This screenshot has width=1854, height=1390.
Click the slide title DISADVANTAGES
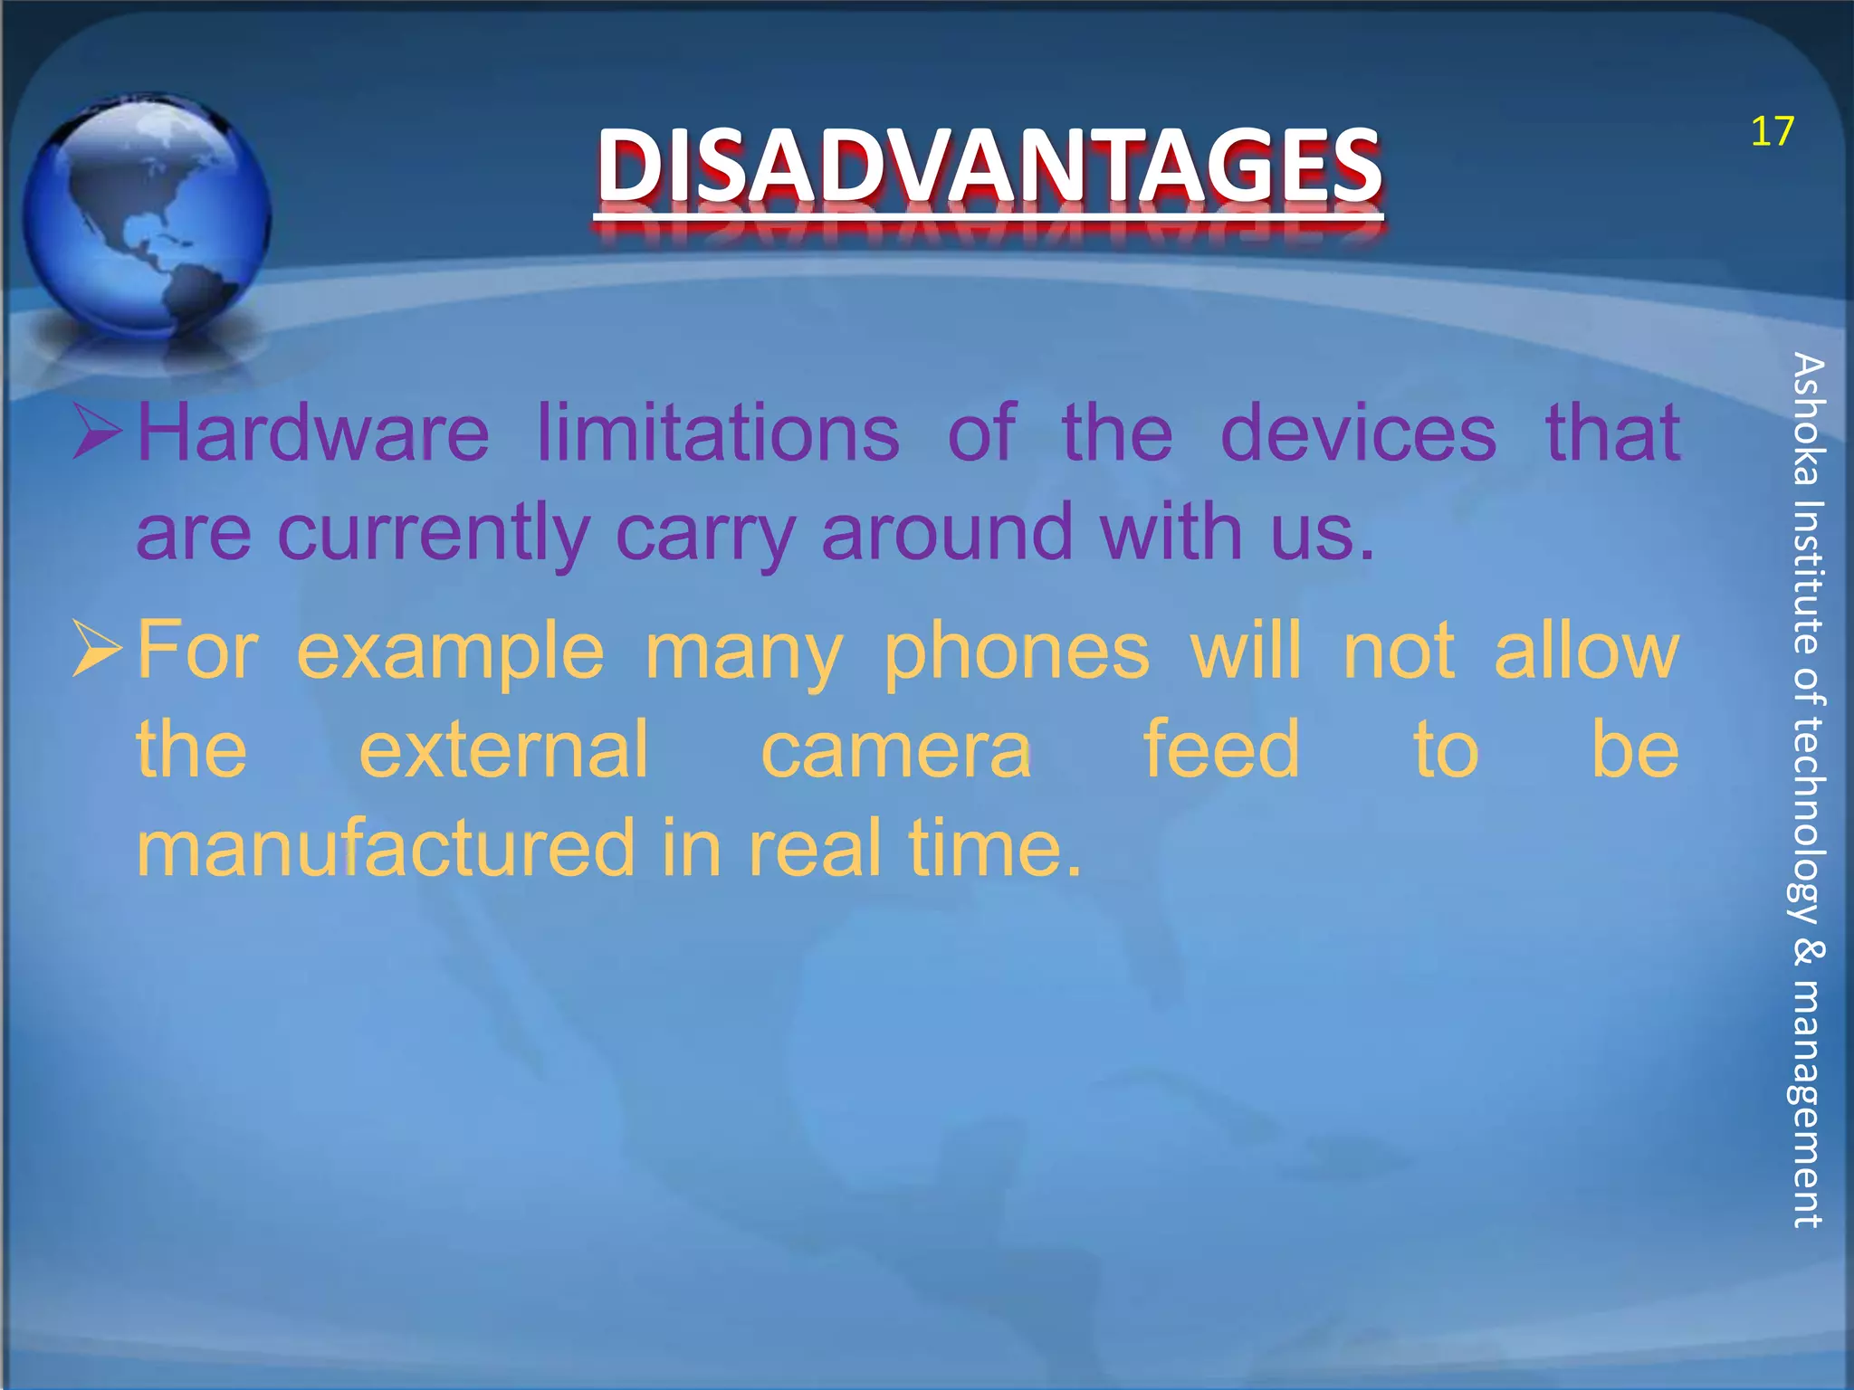click(989, 165)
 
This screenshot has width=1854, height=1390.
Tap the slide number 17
click(1772, 132)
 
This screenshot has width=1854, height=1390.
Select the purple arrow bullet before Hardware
click(97, 432)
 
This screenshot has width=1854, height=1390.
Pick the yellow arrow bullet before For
click(97, 649)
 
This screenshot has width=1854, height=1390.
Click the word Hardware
click(313, 433)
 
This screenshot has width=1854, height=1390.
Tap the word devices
click(1358, 433)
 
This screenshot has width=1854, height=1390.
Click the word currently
click(434, 533)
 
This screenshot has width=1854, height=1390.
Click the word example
click(450, 652)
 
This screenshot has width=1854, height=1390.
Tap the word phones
click(1016, 652)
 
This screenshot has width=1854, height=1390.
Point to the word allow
click(1586, 651)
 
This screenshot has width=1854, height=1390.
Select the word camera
click(895, 750)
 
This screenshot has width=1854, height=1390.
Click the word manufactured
click(386, 848)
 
